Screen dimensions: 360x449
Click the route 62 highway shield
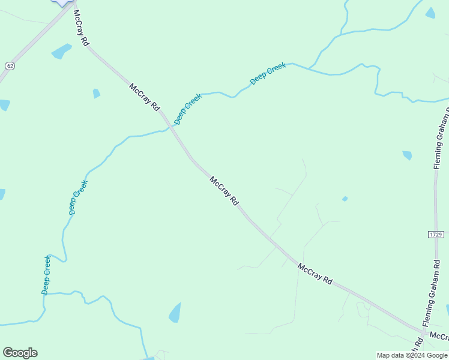click(x=10, y=65)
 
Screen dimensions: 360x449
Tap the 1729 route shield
click(x=436, y=233)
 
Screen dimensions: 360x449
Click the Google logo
click(x=20, y=353)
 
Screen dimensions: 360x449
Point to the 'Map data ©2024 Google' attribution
click(x=412, y=355)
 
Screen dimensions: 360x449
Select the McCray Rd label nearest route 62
click(x=81, y=28)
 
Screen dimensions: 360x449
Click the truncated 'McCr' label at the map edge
click(x=439, y=336)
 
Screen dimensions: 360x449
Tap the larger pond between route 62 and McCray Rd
click(x=61, y=52)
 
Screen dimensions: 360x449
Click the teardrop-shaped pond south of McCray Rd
click(x=175, y=313)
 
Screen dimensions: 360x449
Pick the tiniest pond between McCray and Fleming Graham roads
click(x=345, y=199)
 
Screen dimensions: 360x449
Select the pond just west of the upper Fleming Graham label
click(x=407, y=155)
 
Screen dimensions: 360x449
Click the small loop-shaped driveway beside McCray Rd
click(x=363, y=309)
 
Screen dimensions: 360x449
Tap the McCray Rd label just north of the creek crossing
click(x=145, y=97)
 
